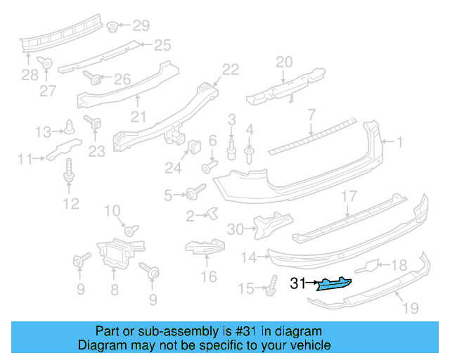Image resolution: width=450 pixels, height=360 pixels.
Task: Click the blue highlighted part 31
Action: [334, 284]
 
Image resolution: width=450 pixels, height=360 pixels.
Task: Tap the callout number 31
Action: [298, 283]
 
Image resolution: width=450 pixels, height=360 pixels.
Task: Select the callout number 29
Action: [141, 26]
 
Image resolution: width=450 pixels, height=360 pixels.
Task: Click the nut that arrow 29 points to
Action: [112, 27]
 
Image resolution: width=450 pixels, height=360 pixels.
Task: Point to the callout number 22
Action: [231, 70]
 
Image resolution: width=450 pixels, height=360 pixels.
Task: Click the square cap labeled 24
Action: [195, 147]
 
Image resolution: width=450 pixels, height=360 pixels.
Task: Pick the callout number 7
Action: [312, 115]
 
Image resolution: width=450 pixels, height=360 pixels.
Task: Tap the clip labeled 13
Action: [69, 127]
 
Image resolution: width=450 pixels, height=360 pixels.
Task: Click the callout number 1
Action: [399, 142]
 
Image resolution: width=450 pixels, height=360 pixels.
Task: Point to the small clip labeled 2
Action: [213, 213]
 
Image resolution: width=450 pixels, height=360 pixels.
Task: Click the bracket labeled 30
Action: [273, 225]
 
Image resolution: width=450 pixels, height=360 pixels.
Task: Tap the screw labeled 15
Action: [272, 285]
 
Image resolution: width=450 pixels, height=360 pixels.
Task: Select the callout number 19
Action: [411, 308]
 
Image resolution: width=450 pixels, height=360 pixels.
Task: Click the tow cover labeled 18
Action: [367, 266]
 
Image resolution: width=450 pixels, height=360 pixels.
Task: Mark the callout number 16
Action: [209, 277]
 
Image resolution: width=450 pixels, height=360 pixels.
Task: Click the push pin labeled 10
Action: [131, 230]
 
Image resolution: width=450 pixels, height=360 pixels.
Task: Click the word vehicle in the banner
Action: [313, 345]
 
